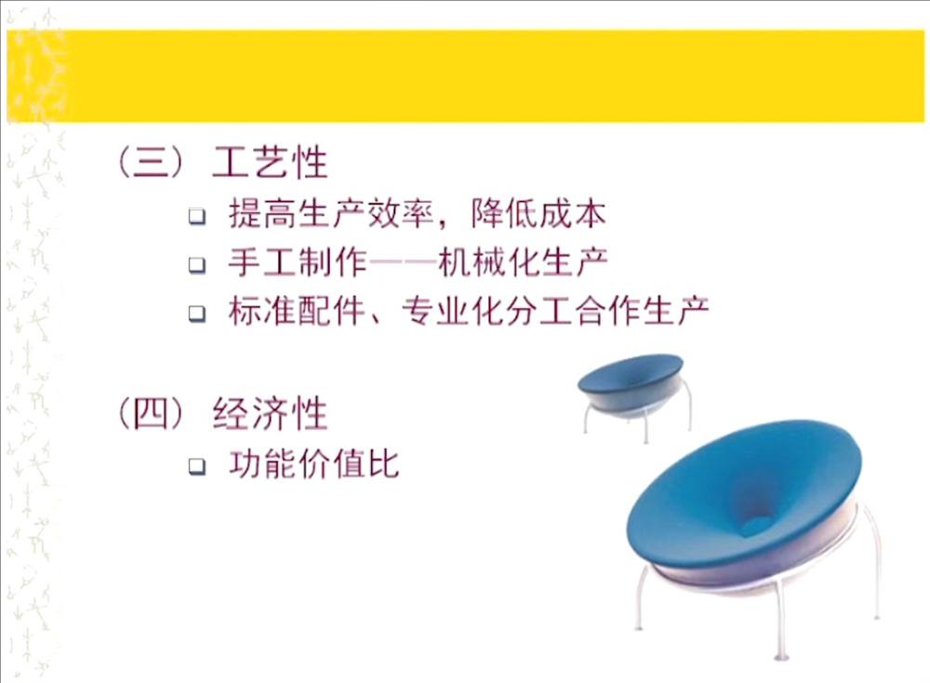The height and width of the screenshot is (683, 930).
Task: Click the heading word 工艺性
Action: (x=270, y=162)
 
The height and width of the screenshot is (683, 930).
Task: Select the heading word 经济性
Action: (x=270, y=413)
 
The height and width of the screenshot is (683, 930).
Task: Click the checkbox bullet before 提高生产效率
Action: (x=197, y=216)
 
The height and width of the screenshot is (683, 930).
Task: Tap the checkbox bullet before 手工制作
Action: (x=197, y=264)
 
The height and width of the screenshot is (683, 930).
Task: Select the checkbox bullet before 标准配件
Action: (x=197, y=314)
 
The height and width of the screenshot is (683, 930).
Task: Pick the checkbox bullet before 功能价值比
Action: (x=197, y=466)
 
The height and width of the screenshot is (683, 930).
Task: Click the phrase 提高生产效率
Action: (x=331, y=214)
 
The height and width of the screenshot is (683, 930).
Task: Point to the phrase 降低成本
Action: (x=538, y=214)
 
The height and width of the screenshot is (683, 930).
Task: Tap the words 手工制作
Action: (x=298, y=262)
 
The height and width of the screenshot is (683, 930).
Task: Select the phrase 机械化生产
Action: (x=523, y=262)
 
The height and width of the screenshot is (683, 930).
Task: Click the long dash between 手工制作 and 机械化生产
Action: (x=403, y=262)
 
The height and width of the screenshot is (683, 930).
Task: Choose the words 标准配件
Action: (x=297, y=311)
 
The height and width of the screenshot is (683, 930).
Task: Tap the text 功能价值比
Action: (x=313, y=464)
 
